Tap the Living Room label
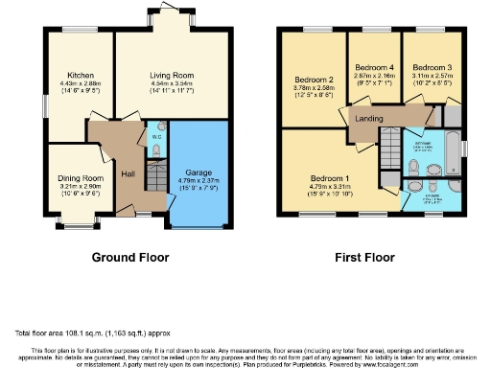point(172,75)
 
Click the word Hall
point(128,174)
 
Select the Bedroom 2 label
point(313,80)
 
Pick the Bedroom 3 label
point(432,68)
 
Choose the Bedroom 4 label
point(374,68)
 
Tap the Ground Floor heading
point(129,257)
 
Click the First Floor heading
point(365,257)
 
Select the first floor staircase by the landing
point(389,153)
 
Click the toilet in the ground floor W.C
point(159,126)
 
